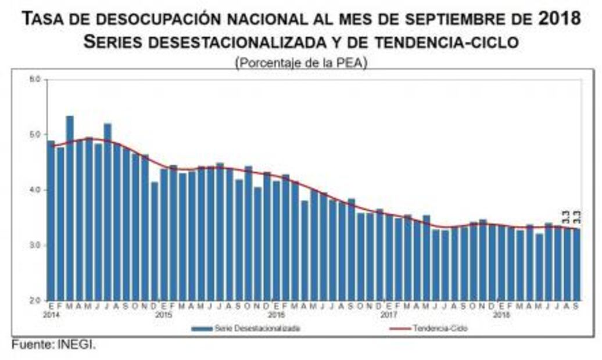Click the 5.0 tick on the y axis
pos(36,134)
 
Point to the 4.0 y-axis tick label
pos(36,189)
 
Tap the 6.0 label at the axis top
pos(36,79)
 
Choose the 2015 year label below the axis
pos(163,314)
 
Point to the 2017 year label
pos(388,314)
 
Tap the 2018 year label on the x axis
pos(501,314)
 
